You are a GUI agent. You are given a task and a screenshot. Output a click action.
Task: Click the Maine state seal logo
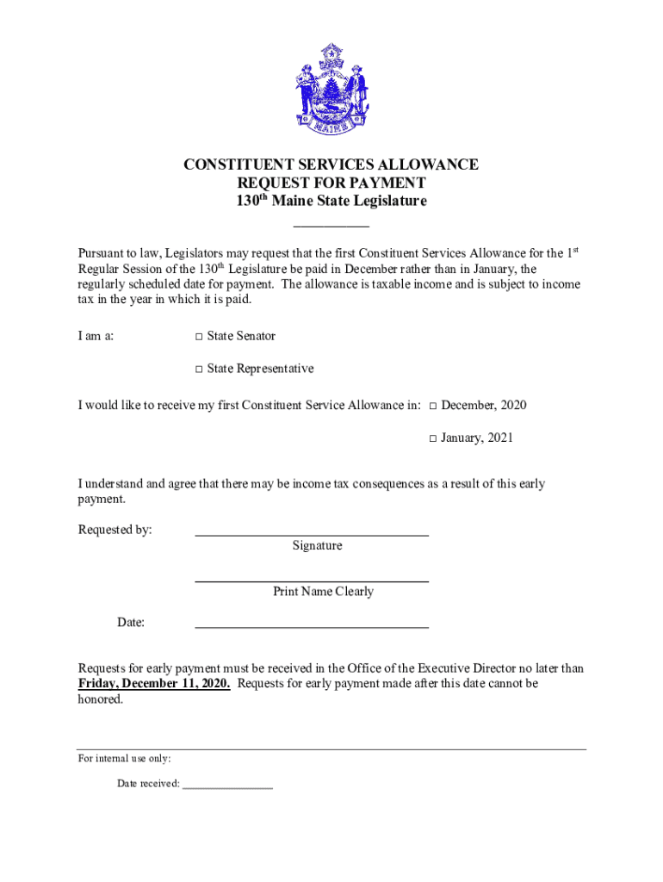[331, 89]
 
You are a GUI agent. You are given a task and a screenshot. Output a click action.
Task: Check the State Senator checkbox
[198, 336]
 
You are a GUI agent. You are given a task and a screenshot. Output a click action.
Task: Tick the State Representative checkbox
[198, 370]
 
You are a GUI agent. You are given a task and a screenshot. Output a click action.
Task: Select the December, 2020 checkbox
[433, 406]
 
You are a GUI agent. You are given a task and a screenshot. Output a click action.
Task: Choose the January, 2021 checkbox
[433, 438]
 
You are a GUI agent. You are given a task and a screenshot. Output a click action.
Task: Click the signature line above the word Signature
[312, 535]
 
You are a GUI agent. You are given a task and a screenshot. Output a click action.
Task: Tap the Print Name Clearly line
[312, 581]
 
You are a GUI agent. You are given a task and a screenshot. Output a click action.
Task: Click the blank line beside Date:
[312, 627]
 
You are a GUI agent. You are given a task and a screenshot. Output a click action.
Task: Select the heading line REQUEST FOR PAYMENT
[331, 183]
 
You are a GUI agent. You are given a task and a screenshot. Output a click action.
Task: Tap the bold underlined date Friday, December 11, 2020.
[154, 684]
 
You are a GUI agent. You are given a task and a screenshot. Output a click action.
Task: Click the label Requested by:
[115, 530]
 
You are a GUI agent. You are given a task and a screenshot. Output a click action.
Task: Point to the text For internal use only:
[125, 759]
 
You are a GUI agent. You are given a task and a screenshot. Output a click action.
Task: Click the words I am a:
[96, 336]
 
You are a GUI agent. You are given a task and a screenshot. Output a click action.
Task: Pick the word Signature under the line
[317, 546]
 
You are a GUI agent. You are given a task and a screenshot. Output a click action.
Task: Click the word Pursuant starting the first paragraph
[103, 254]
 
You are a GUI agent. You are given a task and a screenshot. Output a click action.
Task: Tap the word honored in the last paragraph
[100, 700]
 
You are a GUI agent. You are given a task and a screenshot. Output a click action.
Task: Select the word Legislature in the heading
[387, 202]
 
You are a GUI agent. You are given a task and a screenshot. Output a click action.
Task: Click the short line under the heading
[331, 226]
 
